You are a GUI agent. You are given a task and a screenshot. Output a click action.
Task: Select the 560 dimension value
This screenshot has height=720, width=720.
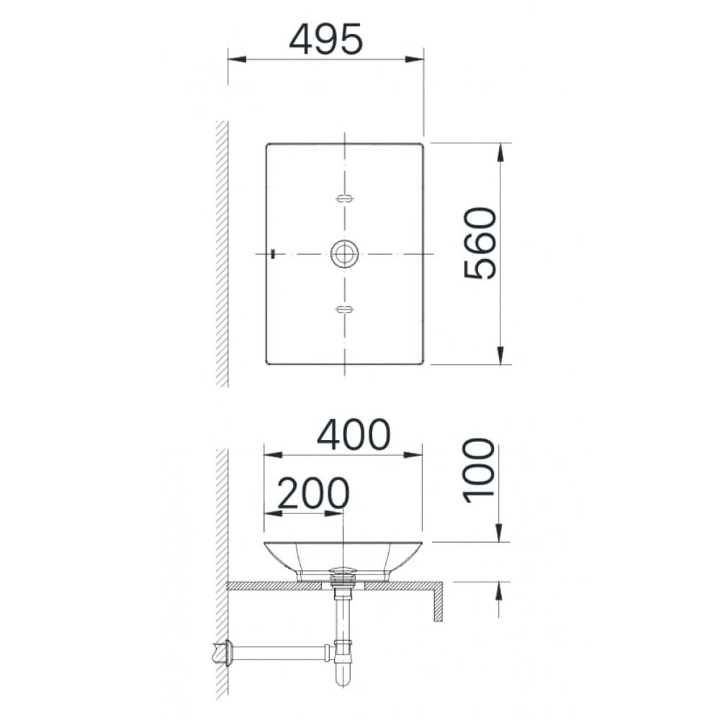click(x=480, y=243)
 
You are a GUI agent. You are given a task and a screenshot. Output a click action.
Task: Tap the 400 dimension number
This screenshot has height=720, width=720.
click(x=354, y=435)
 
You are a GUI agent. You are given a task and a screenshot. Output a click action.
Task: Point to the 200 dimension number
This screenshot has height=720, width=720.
click(x=313, y=494)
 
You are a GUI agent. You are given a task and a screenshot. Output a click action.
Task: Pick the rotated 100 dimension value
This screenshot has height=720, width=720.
click(x=480, y=470)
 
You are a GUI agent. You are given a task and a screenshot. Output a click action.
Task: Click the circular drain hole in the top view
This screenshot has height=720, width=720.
click(x=345, y=253)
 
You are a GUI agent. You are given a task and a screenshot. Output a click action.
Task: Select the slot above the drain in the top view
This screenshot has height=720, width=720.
click(x=345, y=198)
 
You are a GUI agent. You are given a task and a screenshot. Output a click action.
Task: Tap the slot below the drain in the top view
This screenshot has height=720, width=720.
click(x=345, y=310)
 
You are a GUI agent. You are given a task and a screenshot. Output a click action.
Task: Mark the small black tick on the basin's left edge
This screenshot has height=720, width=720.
click(x=273, y=253)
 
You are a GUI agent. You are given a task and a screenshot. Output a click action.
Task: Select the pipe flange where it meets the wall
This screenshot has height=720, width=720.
click(x=230, y=652)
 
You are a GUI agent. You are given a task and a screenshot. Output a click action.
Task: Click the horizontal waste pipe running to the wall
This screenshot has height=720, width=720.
click(x=281, y=653)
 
